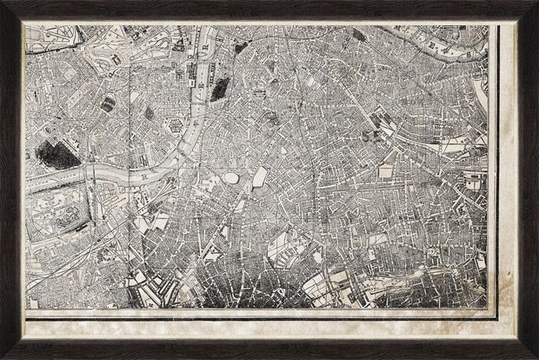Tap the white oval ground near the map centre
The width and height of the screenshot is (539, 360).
231,178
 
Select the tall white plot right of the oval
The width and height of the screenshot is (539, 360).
259,179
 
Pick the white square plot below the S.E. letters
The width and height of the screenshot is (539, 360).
385,172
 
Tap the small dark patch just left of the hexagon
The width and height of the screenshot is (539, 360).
149,113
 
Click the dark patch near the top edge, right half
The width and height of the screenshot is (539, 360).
358,36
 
